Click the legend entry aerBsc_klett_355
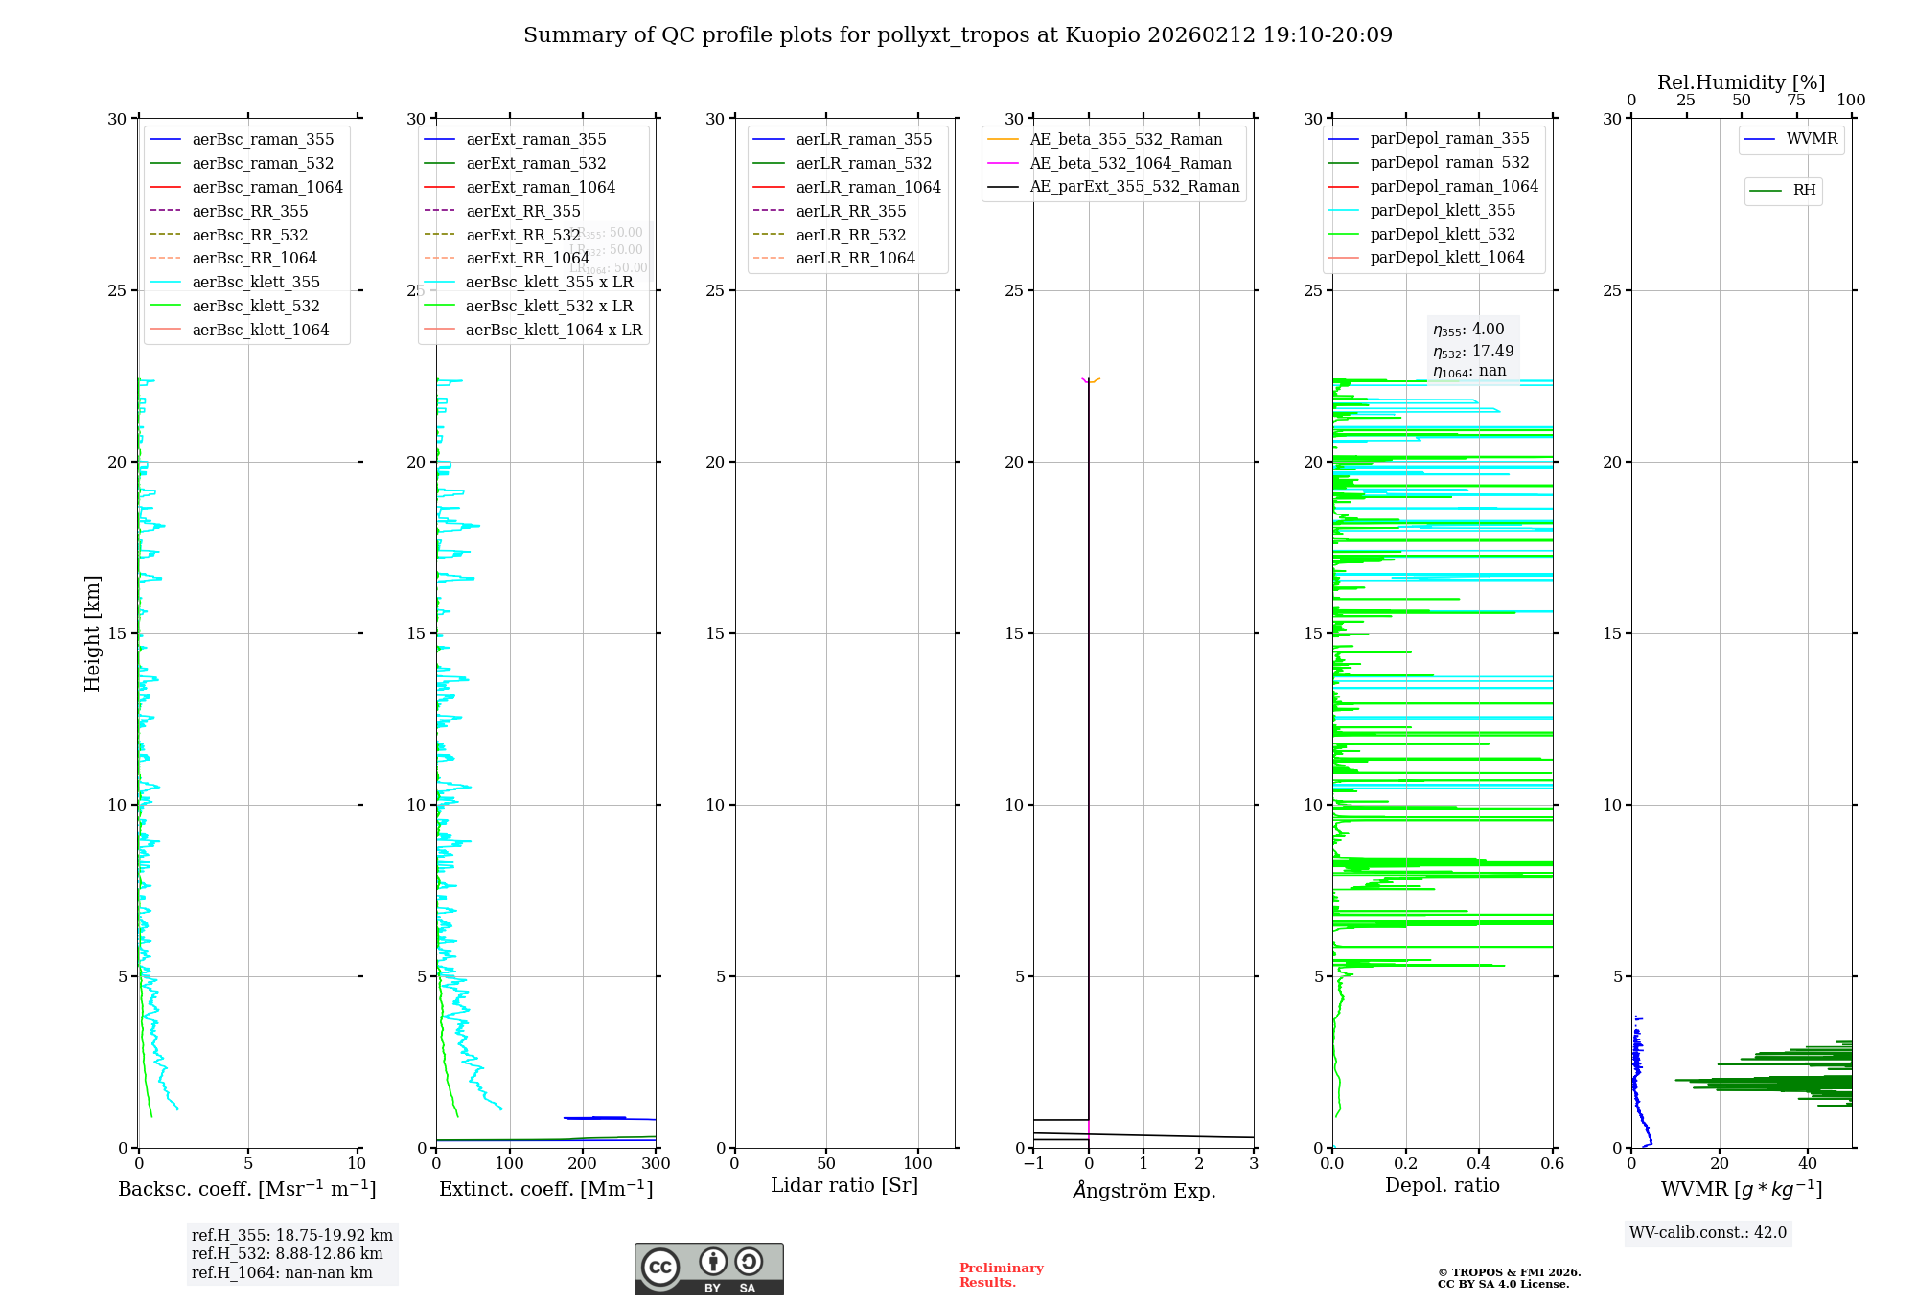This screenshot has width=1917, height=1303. [x=256, y=282]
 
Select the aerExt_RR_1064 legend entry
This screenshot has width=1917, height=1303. [x=527, y=258]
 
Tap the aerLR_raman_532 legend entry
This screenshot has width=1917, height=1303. [x=864, y=163]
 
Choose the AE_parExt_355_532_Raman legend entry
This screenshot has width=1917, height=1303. [x=1134, y=186]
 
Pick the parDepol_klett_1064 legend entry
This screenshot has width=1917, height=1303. [x=1446, y=257]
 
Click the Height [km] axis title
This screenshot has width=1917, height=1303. [x=92, y=632]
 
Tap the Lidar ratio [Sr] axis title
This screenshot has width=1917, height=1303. [x=843, y=1185]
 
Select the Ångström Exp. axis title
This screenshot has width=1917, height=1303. [x=1143, y=1190]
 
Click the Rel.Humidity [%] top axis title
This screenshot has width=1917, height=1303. [x=1741, y=82]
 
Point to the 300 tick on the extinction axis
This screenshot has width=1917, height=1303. [x=656, y=1163]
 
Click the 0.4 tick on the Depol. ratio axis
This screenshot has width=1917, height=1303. [x=1479, y=1163]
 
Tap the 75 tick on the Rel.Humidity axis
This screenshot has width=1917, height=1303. [x=1796, y=101]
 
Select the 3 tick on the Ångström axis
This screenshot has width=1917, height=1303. [x=1254, y=1163]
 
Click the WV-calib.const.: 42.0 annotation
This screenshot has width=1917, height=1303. [x=1708, y=1232]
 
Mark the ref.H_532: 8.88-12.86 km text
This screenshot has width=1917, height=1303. [x=287, y=1253]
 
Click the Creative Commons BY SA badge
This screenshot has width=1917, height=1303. [x=708, y=1269]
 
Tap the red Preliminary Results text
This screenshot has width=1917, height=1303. [x=1001, y=1274]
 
